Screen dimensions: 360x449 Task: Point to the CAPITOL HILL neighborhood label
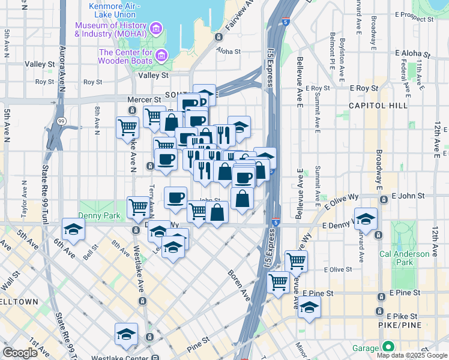click(x=378, y=106)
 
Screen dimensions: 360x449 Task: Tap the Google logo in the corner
click(x=20, y=353)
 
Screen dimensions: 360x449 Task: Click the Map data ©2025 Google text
click(x=412, y=355)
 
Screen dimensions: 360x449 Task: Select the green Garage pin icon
click(x=388, y=347)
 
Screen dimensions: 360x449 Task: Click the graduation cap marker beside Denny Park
click(x=73, y=229)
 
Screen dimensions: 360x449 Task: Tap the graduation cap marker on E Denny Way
click(x=365, y=219)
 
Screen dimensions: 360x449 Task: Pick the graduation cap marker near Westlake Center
click(x=126, y=334)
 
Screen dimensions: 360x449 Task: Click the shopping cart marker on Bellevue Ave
click(x=296, y=260)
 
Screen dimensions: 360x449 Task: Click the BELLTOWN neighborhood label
click(x=18, y=301)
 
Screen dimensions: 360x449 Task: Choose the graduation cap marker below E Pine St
click(x=309, y=307)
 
